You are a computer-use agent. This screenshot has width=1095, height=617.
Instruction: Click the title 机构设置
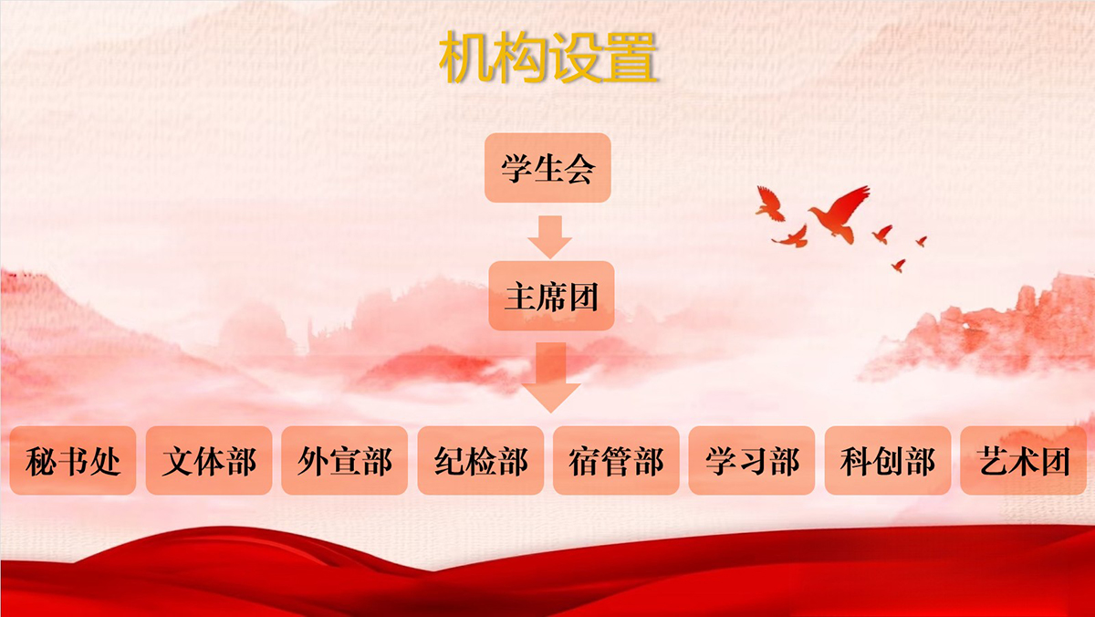(x=547, y=58)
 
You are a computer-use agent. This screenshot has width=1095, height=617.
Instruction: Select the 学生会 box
(x=547, y=168)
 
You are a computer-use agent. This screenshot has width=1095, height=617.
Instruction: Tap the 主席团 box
(x=551, y=296)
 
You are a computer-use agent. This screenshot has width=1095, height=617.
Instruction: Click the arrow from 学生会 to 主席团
(x=550, y=237)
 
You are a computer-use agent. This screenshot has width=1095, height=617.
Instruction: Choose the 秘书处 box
(x=73, y=461)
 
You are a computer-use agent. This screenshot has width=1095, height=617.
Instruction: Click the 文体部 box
(x=209, y=461)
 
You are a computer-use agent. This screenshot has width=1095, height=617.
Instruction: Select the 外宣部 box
(x=345, y=461)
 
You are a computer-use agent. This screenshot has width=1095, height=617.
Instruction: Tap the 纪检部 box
(x=481, y=461)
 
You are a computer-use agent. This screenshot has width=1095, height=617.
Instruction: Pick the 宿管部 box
(x=616, y=461)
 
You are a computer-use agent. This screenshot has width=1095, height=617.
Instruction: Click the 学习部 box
(x=752, y=461)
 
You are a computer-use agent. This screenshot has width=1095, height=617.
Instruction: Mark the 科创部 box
(x=888, y=461)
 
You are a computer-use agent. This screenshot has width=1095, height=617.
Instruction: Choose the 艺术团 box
(x=1024, y=461)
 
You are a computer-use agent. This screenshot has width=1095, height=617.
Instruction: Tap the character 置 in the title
(x=631, y=58)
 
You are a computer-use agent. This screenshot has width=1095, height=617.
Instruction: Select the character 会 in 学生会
(x=580, y=169)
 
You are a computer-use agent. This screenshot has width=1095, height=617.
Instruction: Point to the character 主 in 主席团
(x=519, y=297)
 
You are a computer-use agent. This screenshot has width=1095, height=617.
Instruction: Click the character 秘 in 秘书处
(x=41, y=462)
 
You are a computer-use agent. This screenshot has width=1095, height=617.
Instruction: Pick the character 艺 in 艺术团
(x=993, y=462)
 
